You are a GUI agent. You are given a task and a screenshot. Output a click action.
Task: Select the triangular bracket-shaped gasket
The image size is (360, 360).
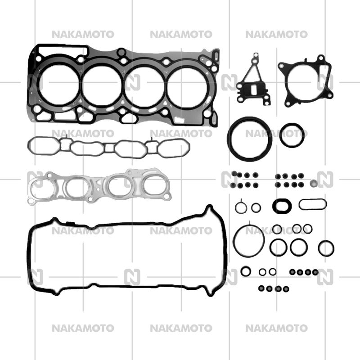click(253, 83)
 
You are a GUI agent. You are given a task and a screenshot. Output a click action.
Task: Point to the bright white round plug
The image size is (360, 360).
click(314, 184)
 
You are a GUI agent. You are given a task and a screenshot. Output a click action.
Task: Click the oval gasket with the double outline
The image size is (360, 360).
click(282, 206)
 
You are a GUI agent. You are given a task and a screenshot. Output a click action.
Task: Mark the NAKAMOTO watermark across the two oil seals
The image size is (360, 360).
click(276, 134)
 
